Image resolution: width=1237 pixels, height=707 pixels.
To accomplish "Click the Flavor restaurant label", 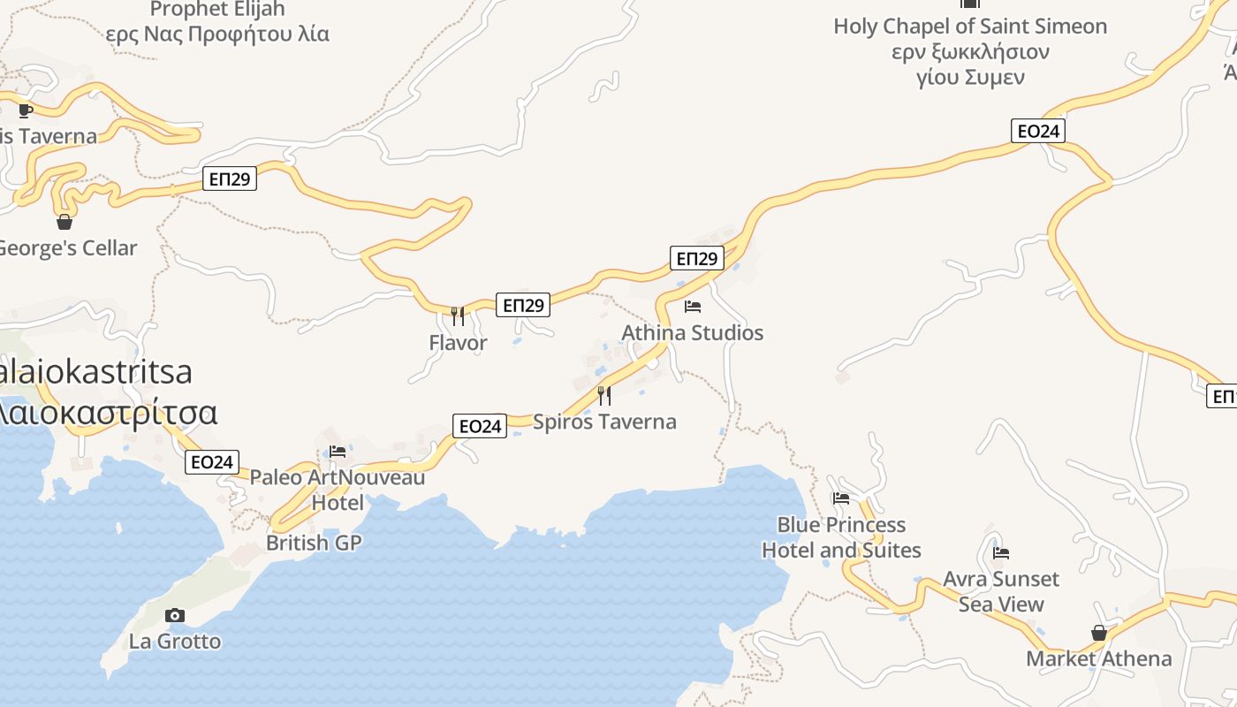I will click(x=458, y=343).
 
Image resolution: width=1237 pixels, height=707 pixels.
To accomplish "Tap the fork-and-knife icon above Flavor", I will click(x=458, y=315).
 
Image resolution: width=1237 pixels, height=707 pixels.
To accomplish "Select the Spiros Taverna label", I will click(x=604, y=422).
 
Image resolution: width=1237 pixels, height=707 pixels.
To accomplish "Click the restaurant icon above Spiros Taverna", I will click(x=604, y=395).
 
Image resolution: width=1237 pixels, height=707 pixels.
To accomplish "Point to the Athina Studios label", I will click(x=692, y=333).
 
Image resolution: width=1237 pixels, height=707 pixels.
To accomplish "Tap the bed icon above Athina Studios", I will click(x=693, y=307).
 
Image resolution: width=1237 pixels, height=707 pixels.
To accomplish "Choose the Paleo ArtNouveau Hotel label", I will click(x=338, y=490).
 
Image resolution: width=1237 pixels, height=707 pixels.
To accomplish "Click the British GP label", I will click(x=314, y=543).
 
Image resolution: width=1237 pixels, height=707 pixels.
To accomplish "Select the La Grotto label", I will click(x=175, y=641).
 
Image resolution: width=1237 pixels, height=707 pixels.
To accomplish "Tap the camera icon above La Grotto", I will click(x=175, y=615).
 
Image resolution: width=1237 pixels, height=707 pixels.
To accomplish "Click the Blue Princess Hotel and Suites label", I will click(x=841, y=537).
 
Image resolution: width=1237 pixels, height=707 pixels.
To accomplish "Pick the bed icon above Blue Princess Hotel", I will click(x=841, y=498).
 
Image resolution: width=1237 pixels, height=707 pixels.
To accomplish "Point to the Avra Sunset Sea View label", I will click(x=1001, y=591).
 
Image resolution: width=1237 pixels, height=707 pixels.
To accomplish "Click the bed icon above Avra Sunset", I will click(x=1001, y=553).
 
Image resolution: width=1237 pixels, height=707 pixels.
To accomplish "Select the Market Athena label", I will click(x=1098, y=658).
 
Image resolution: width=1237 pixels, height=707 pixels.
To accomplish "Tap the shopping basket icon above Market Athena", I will click(x=1099, y=633).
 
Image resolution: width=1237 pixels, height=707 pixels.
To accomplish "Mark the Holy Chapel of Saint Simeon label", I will click(x=970, y=51).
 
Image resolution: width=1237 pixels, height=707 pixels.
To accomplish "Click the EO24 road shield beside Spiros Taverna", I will click(x=480, y=426).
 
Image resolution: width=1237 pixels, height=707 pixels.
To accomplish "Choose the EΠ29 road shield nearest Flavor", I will click(x=522, y=305).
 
